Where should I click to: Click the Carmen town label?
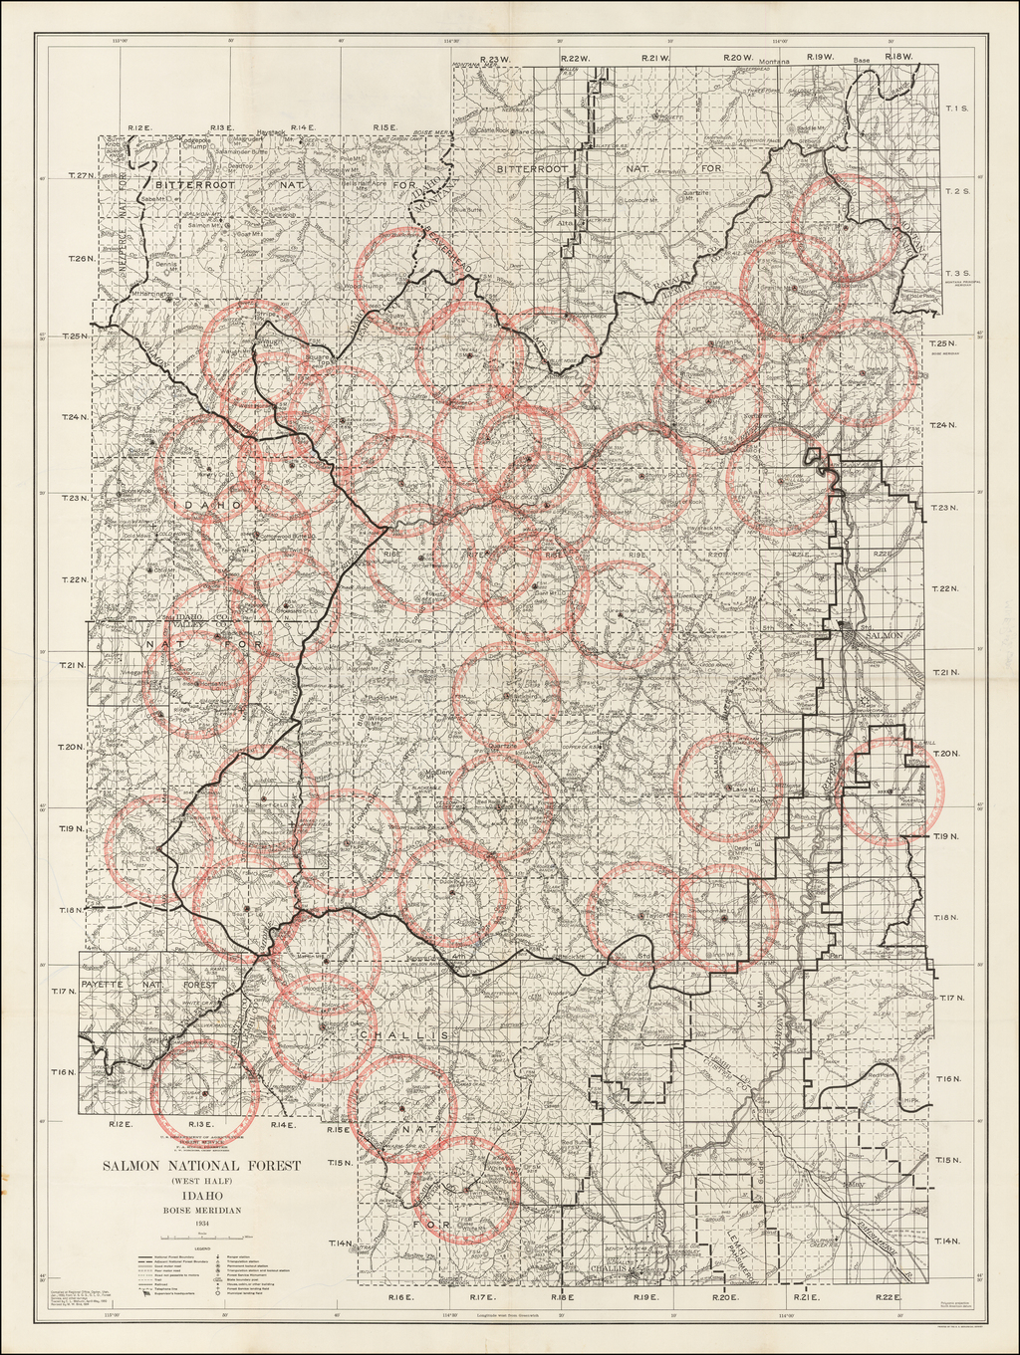[872, 569]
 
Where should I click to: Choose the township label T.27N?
[81, 175]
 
